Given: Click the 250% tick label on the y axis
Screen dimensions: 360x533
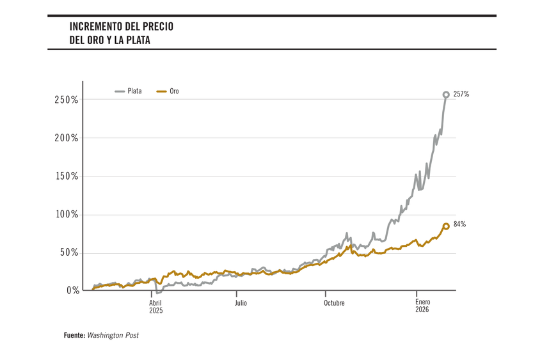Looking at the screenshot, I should pyautogui.click(x=66, y=100).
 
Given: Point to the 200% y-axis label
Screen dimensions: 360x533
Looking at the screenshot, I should pyautogui.click(x=66, y=138).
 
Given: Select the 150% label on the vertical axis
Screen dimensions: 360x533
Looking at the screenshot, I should pyautogui.click(x=66, y=176).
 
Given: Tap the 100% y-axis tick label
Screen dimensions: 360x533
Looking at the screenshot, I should pyautogui.click(x=66, y=215).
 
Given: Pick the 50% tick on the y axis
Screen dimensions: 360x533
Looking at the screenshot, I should pyautogui.click(x=68, y=253).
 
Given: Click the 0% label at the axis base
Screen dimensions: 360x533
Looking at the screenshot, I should pyautogui.click(x=72, y=290).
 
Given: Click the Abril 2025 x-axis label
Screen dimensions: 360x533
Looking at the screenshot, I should pyautogui.click(x=156, y=306).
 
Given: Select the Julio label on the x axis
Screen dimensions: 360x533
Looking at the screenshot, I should pyautogui.click(x=241, y=303).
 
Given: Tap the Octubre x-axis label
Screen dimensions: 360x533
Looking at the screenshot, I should pyautogui.click(x=333, y=303).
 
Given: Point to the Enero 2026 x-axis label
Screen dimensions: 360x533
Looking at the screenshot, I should pyautogui.click(x=422, y=306).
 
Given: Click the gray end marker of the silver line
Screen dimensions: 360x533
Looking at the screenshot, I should pyautogui.click(x=446, y=95).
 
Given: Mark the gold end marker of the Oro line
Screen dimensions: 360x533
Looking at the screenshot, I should pyautogui.click(x=446, y=226).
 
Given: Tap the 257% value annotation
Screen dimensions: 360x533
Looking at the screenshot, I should pyautogui.click(x=461, y=94).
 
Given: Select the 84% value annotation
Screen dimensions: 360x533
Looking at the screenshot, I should pyautogui.click(x=459, y=224).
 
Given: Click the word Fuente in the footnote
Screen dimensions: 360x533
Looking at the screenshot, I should pyautogui.click(x=74, y=335).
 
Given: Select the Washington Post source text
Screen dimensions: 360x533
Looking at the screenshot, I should pyautogui.click(x=113, y=335).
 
